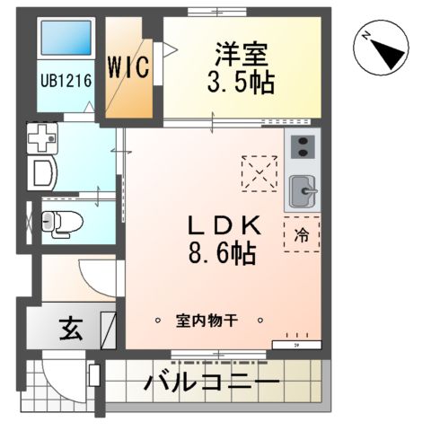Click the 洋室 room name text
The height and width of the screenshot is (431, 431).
pos(241,53)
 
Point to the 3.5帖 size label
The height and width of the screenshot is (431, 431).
pos(241,84)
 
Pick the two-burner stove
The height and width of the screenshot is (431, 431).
pos(303,147)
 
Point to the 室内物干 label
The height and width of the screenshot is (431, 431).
pos(207,320)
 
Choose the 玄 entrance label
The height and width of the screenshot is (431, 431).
pos(72,330)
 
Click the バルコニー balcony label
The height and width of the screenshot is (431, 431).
pos(212,383)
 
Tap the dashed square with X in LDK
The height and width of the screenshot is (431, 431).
pos(261,172)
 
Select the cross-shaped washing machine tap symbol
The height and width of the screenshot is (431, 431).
pos(43,137)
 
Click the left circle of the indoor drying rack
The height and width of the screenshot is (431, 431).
pos(157,319)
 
